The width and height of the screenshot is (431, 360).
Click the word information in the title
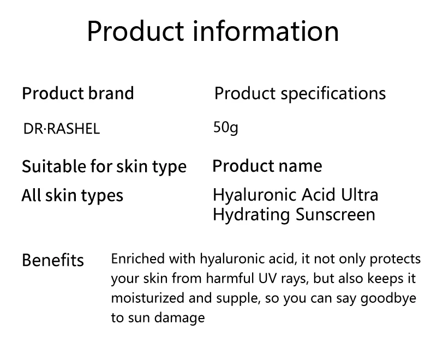(266, 31)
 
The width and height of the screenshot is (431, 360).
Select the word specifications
(333, 94)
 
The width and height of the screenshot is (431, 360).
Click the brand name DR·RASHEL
(62, 129)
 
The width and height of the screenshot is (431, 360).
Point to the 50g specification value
(226, 128)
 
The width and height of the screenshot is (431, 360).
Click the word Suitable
(53, 166)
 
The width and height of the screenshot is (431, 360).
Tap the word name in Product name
(301, 166)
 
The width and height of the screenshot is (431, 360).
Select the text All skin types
(73, 196)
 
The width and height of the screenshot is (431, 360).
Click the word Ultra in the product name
(360, 195)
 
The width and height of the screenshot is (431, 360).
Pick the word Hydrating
(252, 215)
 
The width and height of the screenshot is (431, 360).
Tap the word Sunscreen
(336, 214)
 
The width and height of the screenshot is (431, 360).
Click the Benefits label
(53, 260)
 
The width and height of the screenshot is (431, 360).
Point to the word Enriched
(138, 259)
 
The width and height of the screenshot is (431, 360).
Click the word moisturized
(148, 298)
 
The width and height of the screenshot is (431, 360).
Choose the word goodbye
(388, 299)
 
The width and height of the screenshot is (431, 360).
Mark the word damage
(179, 318)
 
